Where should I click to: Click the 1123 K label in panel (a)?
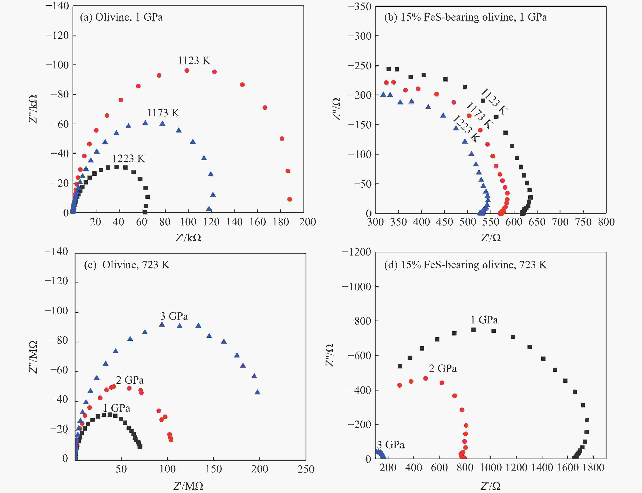194,61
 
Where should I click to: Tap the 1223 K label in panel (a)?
129,159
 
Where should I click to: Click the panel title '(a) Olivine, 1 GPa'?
121,17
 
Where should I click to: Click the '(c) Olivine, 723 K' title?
127,265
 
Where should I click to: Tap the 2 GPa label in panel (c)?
130,380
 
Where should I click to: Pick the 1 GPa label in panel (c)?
117,408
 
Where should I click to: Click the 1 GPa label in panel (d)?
484,320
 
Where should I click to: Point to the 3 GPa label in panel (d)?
391,445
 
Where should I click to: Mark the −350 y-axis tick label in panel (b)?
359,6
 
